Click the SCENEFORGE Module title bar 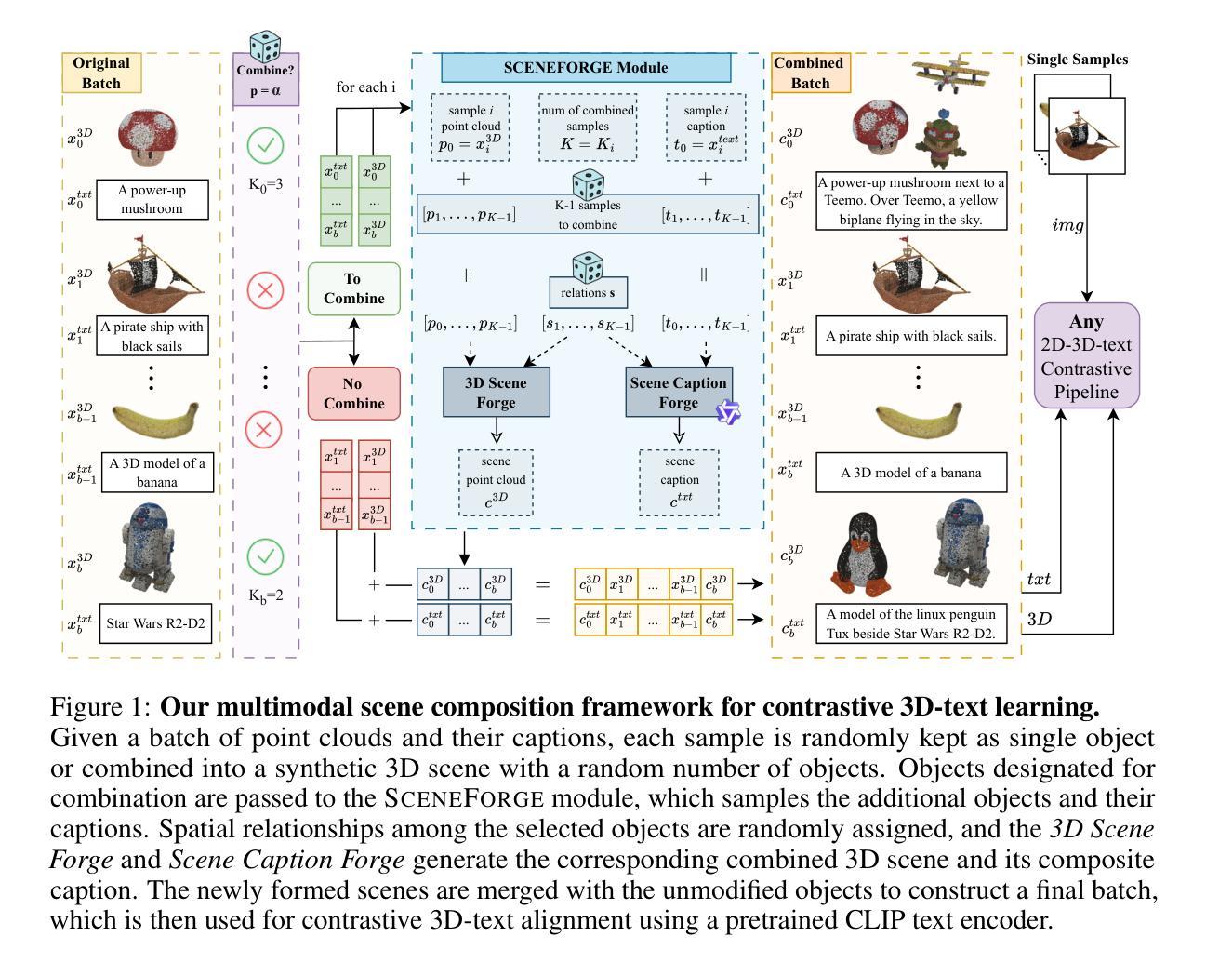coord(586,67)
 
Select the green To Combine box coord(353,288)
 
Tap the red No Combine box coord(353,394)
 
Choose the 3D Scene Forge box coord(496,393)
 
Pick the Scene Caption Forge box coord(678,393)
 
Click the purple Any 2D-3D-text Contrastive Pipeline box coord(1086,355)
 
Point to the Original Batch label coord(101,73)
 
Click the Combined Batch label coord(810,73)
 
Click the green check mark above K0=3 coord(266,145)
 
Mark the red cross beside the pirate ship coord(266,291)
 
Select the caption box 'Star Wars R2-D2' coord(154,623)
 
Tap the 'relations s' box coord(588,293)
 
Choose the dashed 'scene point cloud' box coord(496,482)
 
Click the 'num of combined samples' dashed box coord(588,125)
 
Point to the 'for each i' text coord(365,87)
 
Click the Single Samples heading coord(1077,60)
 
